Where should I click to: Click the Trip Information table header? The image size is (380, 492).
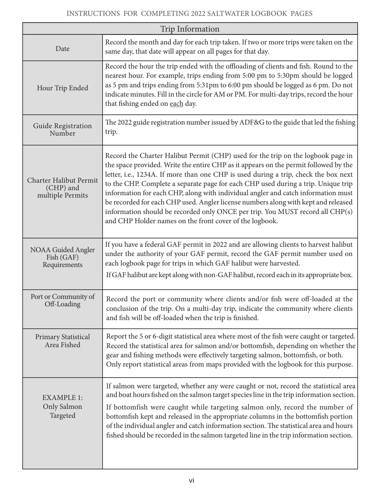(x=190, y=29)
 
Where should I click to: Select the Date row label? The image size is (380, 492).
(x=62, y=48)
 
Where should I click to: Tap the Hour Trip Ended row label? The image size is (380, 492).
(x=62, y=88)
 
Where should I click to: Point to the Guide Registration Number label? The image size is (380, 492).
(x=62, y=130)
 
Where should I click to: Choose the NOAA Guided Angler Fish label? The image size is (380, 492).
(x=62, y=257)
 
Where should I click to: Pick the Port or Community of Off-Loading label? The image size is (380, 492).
(x=62, y=300)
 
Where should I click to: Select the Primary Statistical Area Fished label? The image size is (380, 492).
(x=62, y=340)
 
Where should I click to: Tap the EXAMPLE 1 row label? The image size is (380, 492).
(x=62, y=406)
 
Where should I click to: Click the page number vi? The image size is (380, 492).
(x=192, y=480)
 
